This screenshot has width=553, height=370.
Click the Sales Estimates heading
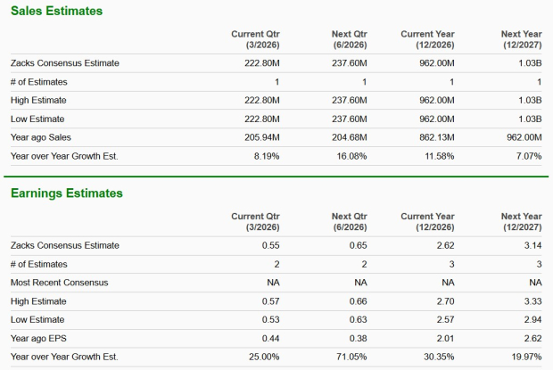click(x=56, y=12)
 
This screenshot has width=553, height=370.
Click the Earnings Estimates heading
click(x=67, y=193)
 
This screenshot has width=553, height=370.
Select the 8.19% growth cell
click(x=266, y=156)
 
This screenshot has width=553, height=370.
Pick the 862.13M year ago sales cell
click(x=436, y=137)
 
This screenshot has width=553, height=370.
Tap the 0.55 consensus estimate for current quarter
click(x=271, y=245)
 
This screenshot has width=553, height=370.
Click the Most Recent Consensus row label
click(x=60, y=283)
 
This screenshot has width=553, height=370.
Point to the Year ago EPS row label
click(x=41, y=339)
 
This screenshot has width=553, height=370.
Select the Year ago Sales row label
click(x=41, y=137)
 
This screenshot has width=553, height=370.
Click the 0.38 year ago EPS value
click(x=358, y=339)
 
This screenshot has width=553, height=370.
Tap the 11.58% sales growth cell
click(x=440, y=156)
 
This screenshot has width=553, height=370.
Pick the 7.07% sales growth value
click(x=528, y=156)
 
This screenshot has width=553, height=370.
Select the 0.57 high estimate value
click(x=271, y=301)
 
